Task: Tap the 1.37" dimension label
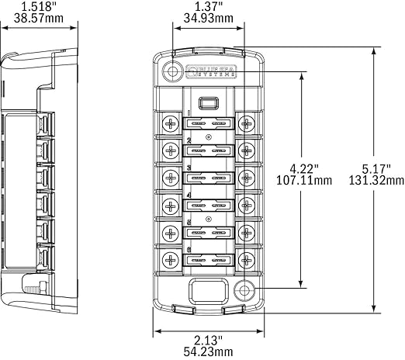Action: (x=207, y=7)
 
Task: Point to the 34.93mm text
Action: (x=207, y=19)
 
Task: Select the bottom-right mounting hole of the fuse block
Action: (x=245, y=292)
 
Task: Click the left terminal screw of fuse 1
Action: (x=170, y=123)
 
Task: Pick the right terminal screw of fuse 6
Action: (x=246, y=257)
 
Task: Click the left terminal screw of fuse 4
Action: (x=170, y=203)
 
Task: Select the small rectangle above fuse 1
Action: (x=207, y=102)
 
